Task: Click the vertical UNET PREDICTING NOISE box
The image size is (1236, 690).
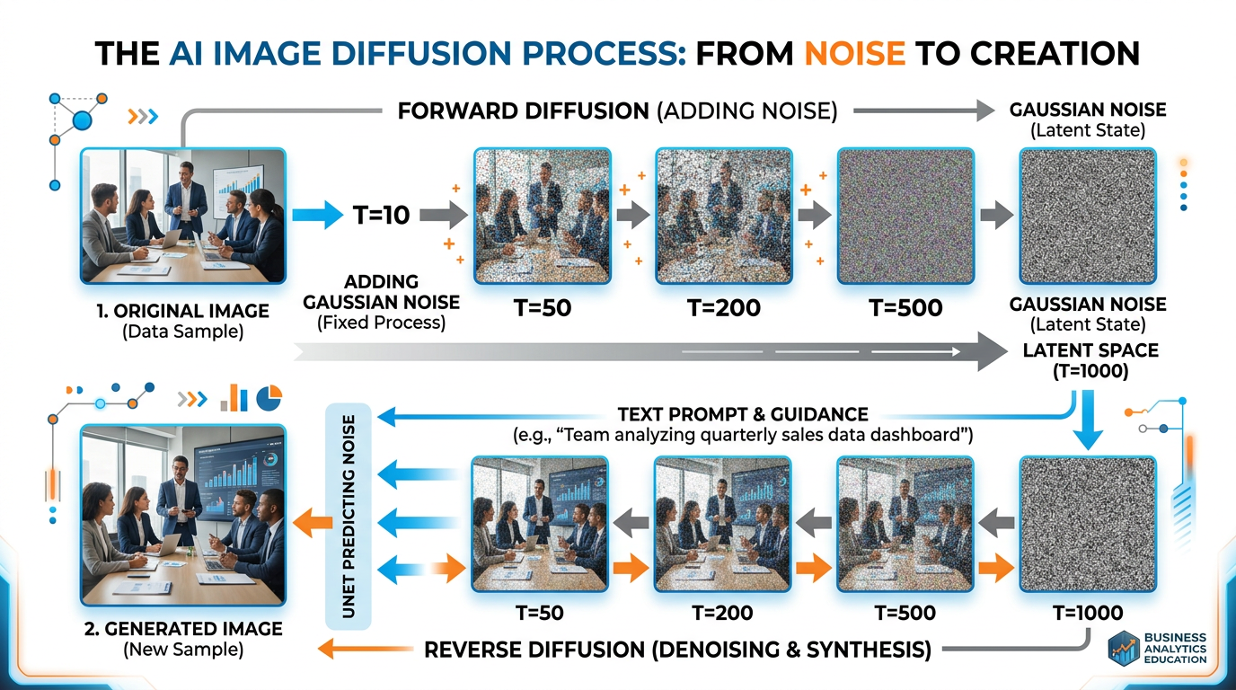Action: pyautogui.click(x=347, y=516)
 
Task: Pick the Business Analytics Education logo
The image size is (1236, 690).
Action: pyautogui.click(x=1158, y=648)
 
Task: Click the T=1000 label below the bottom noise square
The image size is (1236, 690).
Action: pyautogui.click(x=1088, y=614)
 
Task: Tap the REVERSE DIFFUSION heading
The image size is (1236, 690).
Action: pyautogui.click(x=676, y=648)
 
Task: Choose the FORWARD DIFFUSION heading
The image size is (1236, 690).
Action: pyautogui.click(x=523, y=112)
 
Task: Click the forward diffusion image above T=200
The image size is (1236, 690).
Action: pyautogui.click(x=724, y=216)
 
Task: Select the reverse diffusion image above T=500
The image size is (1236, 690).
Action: pyautogui.click(x=905, y=524)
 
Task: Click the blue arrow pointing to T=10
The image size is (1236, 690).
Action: pyautogui.click(x=316, y=216)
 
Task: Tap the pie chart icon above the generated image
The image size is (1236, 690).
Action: pyautogui.click(x=269, y=397)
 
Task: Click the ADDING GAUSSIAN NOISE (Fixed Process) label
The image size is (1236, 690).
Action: pyautogui.click(x=382, y=301)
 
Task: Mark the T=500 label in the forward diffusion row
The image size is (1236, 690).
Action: pyautogui.click(x=905, y=308)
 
